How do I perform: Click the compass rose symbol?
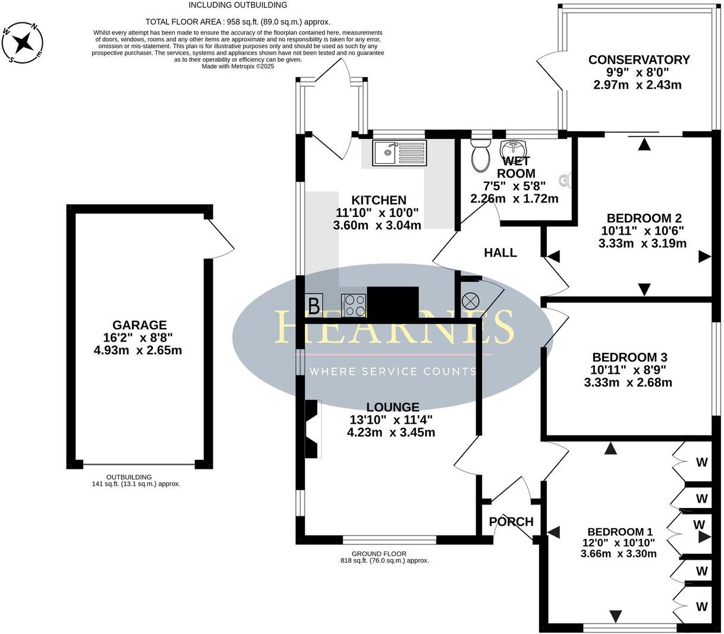[23, 42]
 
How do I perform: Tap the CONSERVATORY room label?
[639, 60]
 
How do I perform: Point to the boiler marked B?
[314, 306]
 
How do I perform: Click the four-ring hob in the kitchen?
[354, 306]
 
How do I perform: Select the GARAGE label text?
[140, 325]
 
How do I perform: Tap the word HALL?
[500, 253]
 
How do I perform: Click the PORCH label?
[511, 522]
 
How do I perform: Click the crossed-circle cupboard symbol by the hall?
[470, 301]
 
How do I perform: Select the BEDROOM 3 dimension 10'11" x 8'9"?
[629, 370]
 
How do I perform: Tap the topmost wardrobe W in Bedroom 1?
[702, 462]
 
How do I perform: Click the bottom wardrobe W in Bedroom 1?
[702, 607]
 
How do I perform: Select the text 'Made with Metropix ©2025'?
[238, 67]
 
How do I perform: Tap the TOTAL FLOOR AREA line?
[238, 21]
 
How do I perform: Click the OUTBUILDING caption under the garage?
[129, 477]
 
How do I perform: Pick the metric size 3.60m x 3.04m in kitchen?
[377, 225]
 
